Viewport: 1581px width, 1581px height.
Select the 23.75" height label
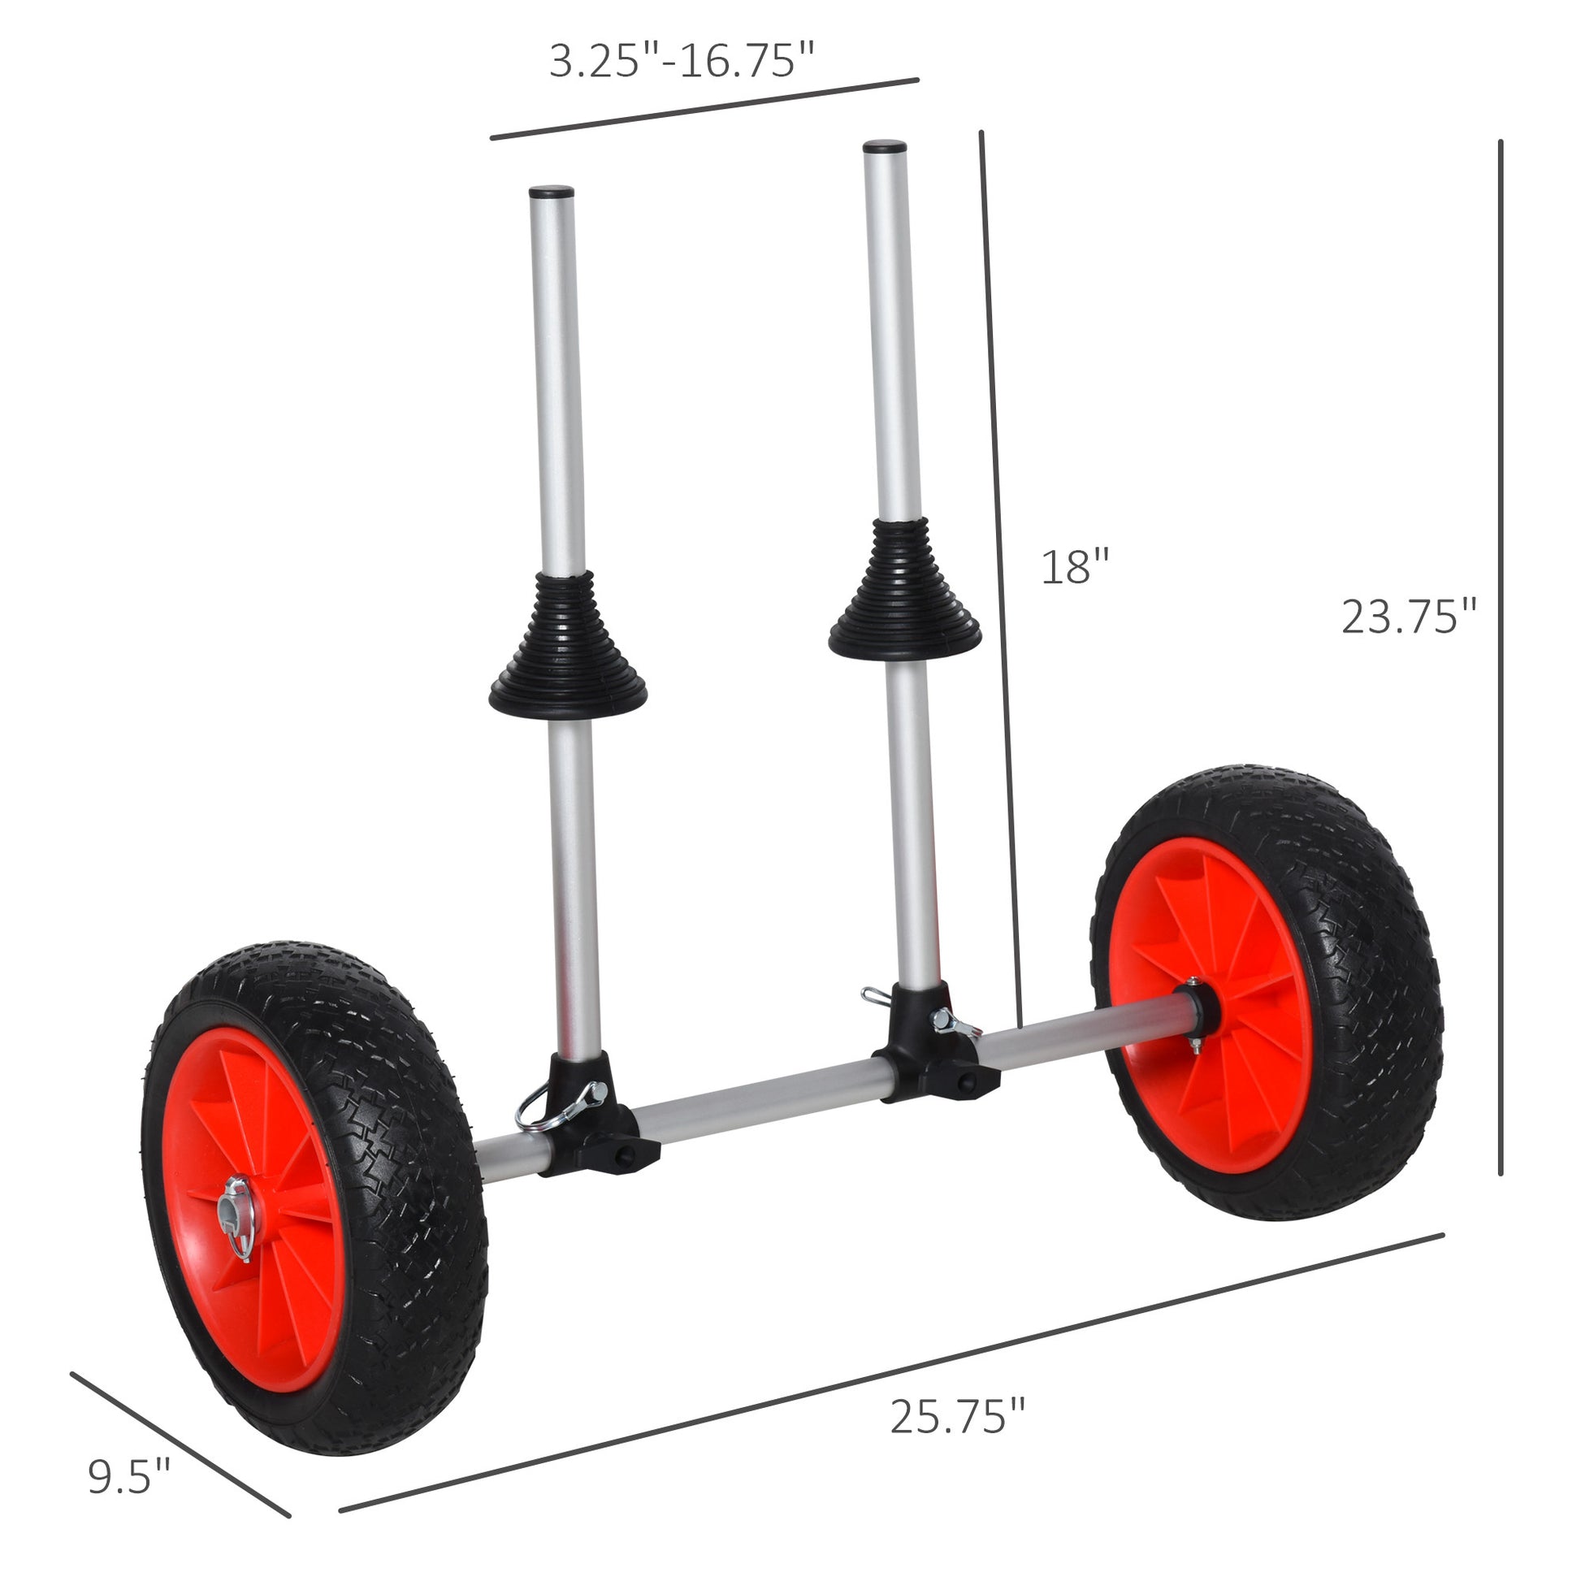pyautogui.click(x=1408, y=617)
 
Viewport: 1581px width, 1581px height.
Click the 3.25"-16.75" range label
pyautogui.click(x=682, y=63)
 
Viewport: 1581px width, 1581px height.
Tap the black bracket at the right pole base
pyautogui.click(x=933, y=1047)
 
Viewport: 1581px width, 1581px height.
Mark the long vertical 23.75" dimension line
pyautogui.click(x=1500, y=655)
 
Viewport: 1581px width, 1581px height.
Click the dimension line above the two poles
pyautogui.click(x=704, y=109)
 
